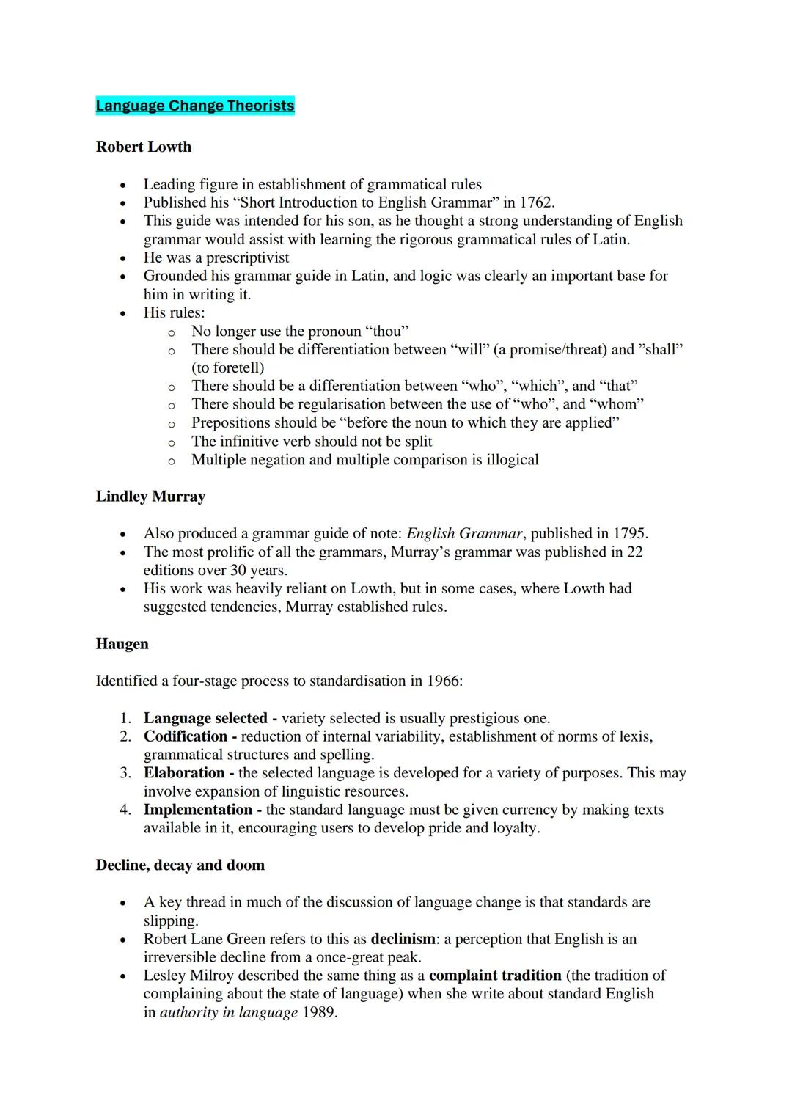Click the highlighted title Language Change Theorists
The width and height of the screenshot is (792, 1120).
pyautogui.click(x=195, y=106)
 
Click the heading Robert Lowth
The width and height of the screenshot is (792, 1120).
pyautogui.click(x=144, y=147)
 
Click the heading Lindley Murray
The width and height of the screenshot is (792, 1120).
pyautogui.click(x=150, y=497)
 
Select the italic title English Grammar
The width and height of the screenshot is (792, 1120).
pyautogui.click(x=464, y=533)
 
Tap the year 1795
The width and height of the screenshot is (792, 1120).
pyautogui.click(x=630, y=533)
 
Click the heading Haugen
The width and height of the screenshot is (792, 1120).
pyautogui.click(x=122, y=644)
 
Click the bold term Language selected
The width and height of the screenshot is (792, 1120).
pyautogui.click(x=205, y=718)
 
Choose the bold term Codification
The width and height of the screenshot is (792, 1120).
pyautogui.click(x=186, y=736)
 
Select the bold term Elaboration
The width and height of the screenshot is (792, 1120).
pyautogui.click(x=184, y=773)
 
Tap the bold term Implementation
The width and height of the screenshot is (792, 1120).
pyautogui.click(x=198, y=810)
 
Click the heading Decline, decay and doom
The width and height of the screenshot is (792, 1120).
pyautogui.click(x=180, y=865)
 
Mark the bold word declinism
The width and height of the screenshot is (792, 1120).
pyautogui.click(x=403, y=939)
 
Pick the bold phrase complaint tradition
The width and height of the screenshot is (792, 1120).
pyautogui.click(x=495, y=976)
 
